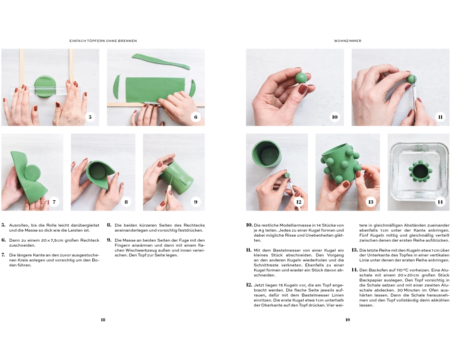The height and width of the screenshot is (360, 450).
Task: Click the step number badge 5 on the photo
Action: pyautogui.click(x=90, y=117)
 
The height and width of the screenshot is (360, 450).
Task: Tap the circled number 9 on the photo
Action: pyautogui.click(x=196, y=202)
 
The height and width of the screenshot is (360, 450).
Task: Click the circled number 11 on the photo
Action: pyautogui.click(x=440, y=117)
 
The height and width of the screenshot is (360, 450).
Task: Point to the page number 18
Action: pyautogui.click(x=103, y=320)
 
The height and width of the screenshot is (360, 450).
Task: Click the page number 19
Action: pyautogui.click(x=347, y=320)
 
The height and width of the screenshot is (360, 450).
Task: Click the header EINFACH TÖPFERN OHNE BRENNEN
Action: pyautogui.click(x=103, y=41)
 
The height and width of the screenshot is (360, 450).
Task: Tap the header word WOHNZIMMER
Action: pyautogui.click(x=347, y=41)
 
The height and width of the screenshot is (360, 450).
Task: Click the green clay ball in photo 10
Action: pyautogui.click(x=301, y=78)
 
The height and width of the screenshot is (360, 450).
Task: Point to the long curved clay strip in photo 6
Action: pyautogui.click(x=161, y=61)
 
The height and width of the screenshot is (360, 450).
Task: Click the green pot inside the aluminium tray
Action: pyautogui.click(x=420, y=172)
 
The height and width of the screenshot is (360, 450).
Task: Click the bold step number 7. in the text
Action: pyautogui.click(x=3, y=255)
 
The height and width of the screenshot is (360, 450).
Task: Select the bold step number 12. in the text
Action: pyautogui.click(x=249, y=285)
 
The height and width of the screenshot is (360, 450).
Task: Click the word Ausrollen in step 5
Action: pyautogui.click(x=18, y=225)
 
